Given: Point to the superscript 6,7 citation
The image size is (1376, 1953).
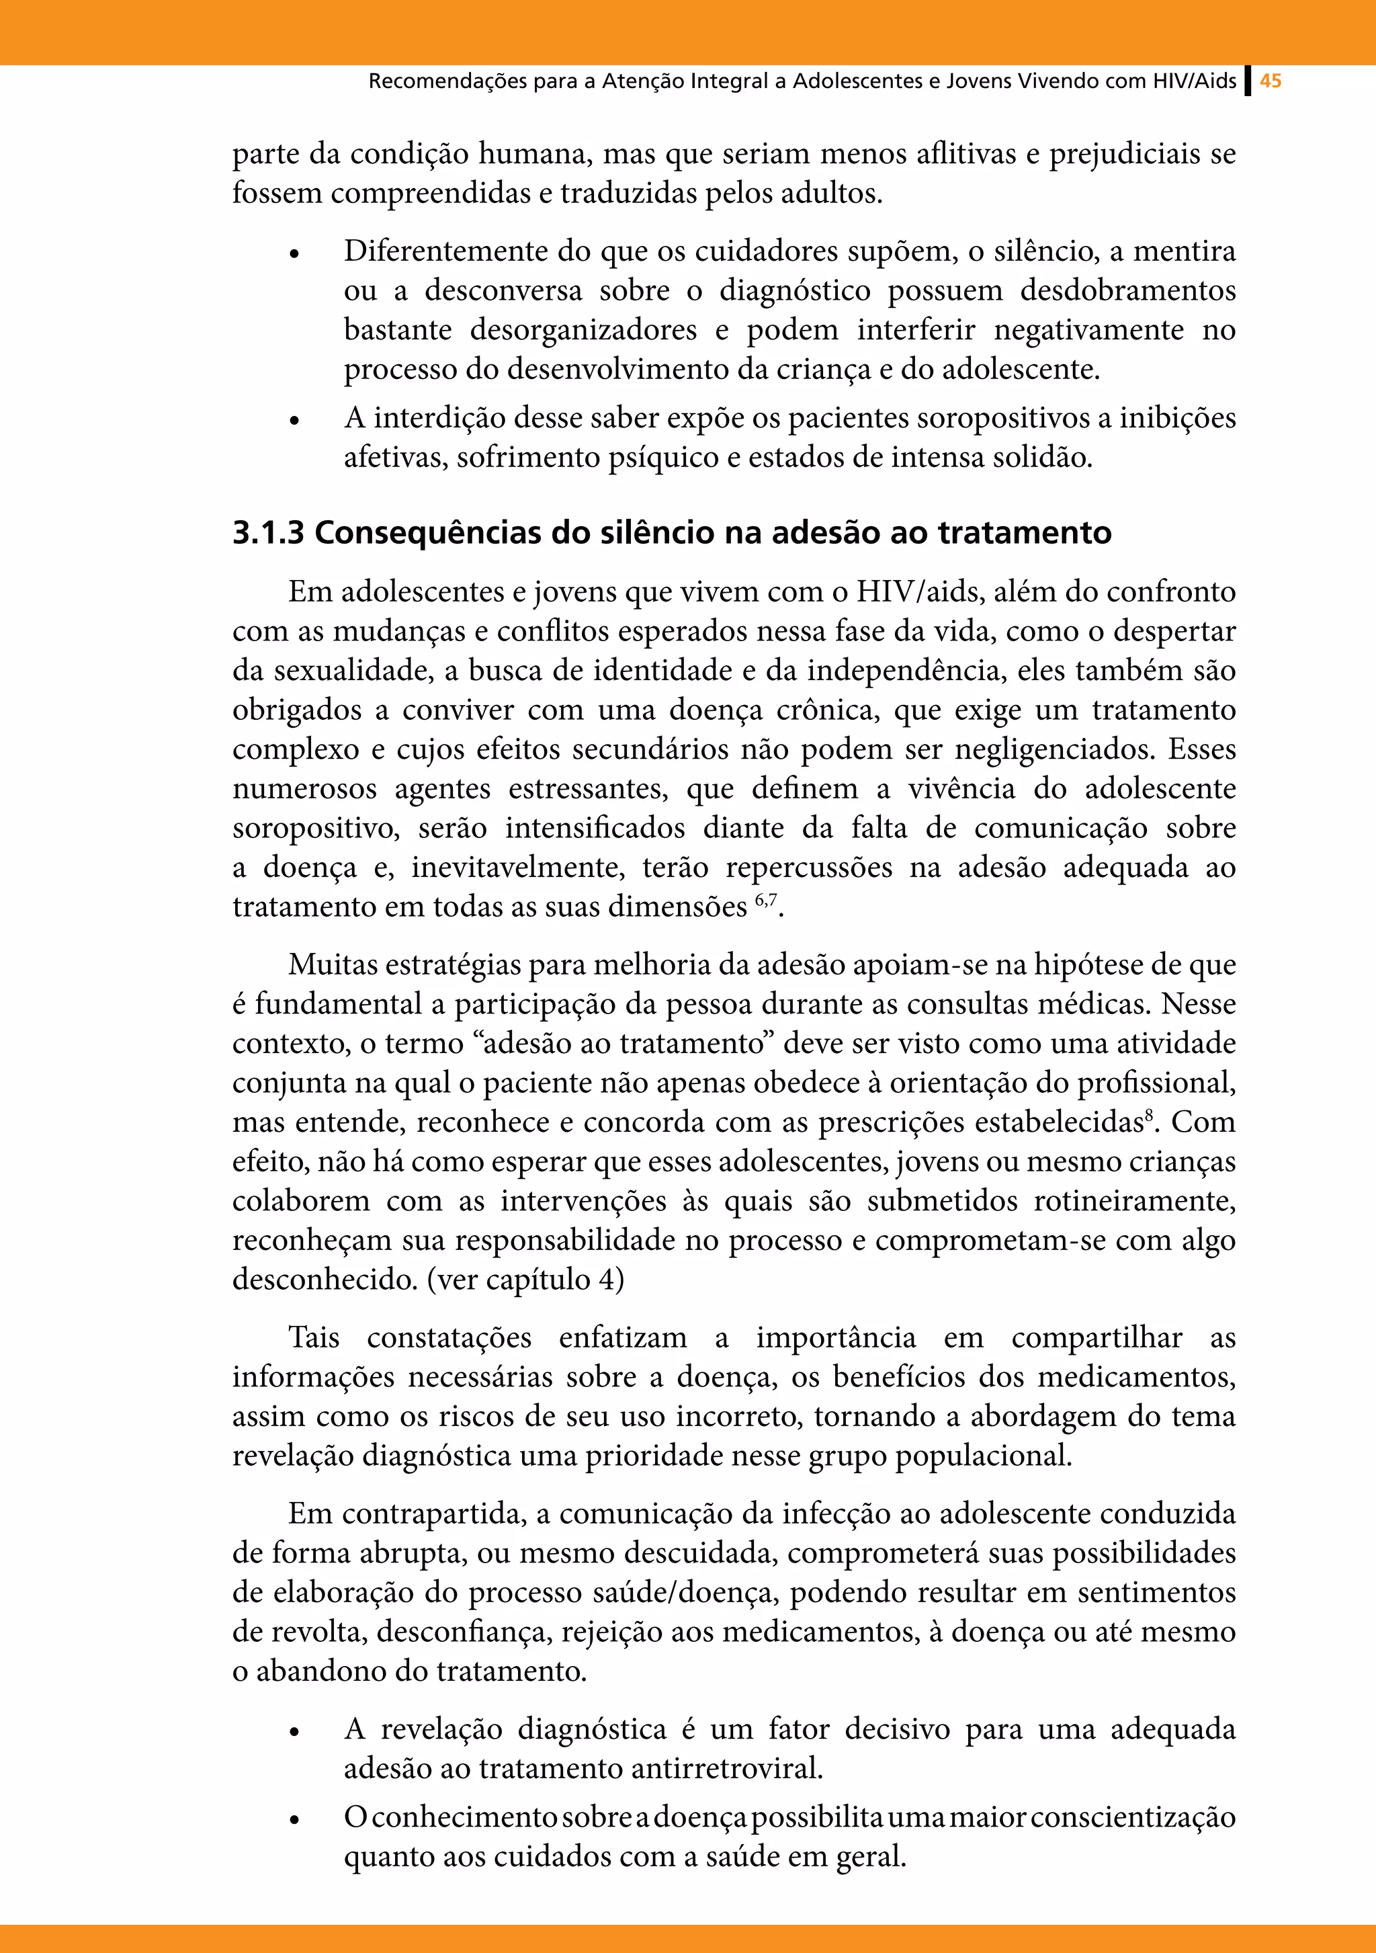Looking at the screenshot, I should coord(765,900).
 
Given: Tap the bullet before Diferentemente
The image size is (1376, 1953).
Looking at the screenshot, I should coord(294,253).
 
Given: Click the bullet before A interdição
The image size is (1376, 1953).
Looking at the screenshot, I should coord(294,420).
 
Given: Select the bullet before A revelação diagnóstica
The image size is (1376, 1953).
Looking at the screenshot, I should coord(294,1732).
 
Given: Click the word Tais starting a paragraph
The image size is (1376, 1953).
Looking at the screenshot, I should coord(314,1337).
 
